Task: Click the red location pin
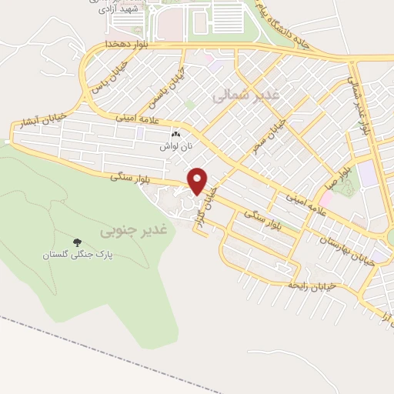click(198, 181)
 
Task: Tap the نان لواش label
click(175, 145)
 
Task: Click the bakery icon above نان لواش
click(175, 135)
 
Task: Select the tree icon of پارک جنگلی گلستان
click(76, 242)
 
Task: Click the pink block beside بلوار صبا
click(326, 199)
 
